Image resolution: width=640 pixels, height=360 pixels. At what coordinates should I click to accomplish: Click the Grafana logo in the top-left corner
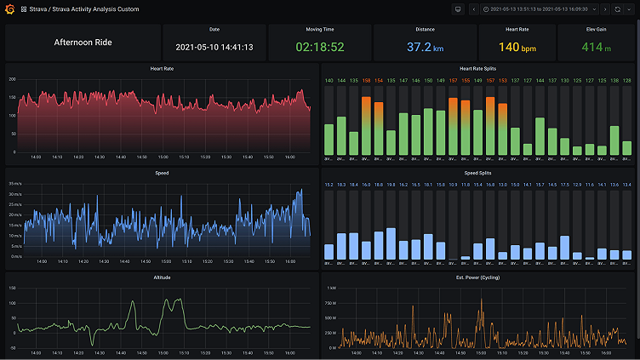(11, 9)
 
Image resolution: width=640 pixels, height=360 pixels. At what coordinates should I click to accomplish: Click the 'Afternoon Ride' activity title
(83, 43)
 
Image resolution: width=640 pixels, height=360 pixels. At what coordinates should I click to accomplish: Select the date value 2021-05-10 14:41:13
(214, 48)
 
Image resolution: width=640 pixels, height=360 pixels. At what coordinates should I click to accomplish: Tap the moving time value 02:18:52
(319, 48)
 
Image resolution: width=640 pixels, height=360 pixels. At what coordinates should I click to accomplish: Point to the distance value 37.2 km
(425, 48)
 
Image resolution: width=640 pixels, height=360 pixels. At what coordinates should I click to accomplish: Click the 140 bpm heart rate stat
(517, 48)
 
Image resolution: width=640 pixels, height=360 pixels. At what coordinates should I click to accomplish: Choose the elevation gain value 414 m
(597, 48)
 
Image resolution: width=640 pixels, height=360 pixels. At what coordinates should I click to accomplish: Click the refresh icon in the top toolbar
(617, 9)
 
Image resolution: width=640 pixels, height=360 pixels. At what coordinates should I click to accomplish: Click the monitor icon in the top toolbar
(458, 9)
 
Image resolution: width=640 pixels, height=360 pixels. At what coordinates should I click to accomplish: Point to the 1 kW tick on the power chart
(330, 289)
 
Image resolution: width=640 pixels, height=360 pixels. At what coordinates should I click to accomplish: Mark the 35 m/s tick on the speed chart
(15, 184)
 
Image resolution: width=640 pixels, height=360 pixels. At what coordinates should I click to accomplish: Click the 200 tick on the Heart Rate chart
(12, 79)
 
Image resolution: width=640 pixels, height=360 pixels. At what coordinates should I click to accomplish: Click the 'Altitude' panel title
(161, 277)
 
